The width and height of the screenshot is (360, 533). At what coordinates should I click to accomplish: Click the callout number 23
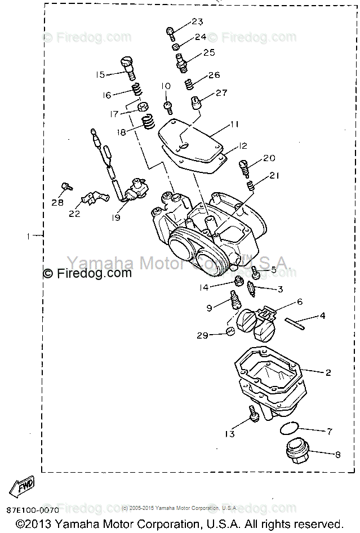click(197, 22)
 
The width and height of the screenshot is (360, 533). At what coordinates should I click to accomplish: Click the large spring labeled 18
click(149, 121)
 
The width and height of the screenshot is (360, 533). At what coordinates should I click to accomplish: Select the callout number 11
click(234, 124)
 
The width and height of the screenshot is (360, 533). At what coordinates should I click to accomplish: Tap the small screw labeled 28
click(66, 185)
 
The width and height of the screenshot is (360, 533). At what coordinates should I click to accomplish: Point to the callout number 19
click(115, 217)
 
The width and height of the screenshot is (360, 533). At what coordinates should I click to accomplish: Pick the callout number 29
click(202, 335)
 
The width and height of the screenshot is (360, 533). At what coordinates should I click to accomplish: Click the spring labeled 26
click(191, 85)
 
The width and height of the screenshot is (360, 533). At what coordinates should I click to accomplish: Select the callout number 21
click(274, 176)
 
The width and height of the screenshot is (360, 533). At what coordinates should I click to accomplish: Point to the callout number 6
click(299, 302)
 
